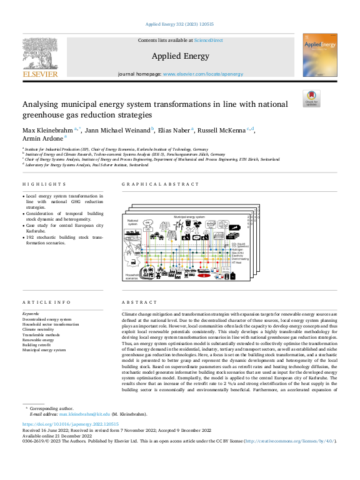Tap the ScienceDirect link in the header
[x=208, y=40]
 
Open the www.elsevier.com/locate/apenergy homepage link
[x=194, y=74]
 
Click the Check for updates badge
[x=311, y=98]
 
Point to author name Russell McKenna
[x=221, y=130]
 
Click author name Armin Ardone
[x=42, y=139]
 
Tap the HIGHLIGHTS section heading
[x=44, y=184]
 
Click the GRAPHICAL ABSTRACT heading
[x=160, y=184]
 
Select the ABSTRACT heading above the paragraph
[x=136, y=302]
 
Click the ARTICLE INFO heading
[x=46, y=302]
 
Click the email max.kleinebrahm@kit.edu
[x=84, y=414]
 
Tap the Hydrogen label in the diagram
[x=237, y=250]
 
